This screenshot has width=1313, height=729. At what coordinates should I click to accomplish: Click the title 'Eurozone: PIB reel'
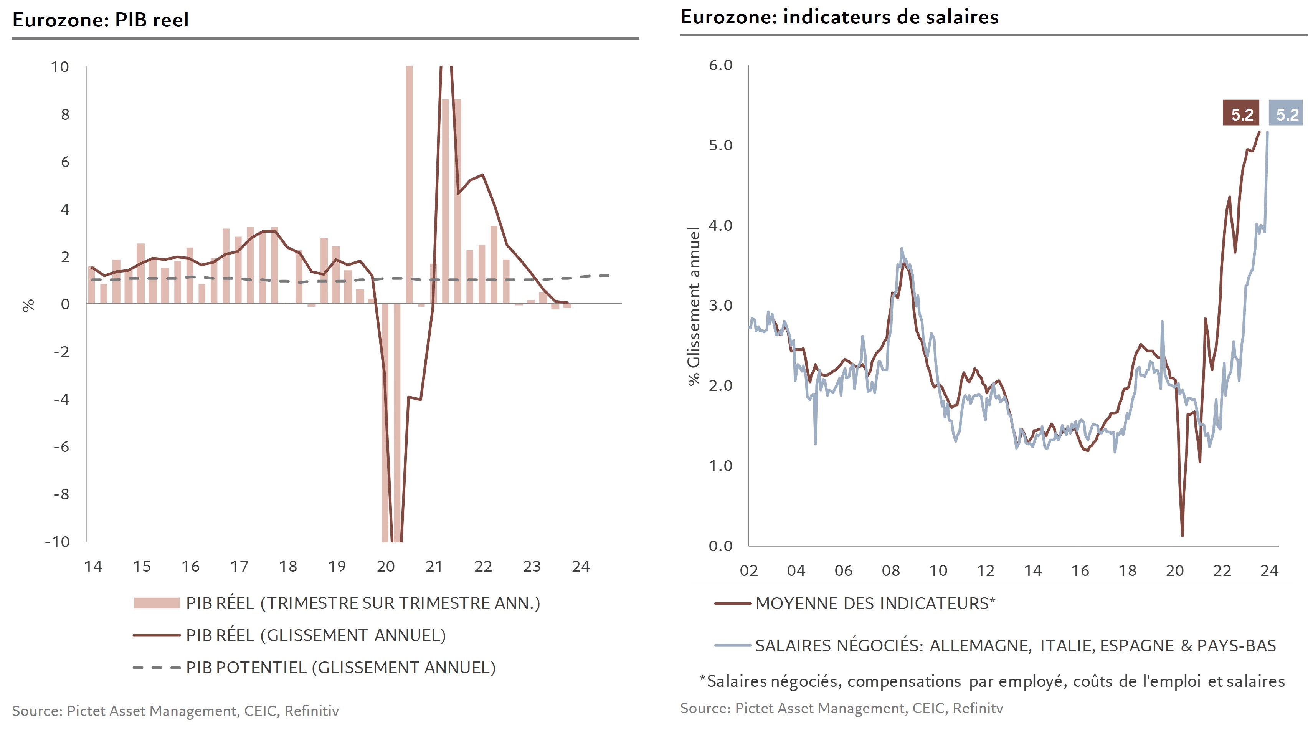(101, 20)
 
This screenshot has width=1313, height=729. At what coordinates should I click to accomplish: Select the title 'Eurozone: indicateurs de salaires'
(839, 17)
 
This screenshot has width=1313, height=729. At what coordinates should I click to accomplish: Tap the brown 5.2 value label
(1241, 114)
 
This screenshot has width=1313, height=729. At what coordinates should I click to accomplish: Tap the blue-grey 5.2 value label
(1287, 114)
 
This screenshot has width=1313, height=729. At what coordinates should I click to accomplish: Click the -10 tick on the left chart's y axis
(58, 541)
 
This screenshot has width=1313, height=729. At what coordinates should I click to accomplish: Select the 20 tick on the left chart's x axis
(385, 566)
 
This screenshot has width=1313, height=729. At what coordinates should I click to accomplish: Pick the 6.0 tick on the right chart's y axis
(720, 65)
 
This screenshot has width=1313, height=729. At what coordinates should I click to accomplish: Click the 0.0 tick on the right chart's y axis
(720, 546)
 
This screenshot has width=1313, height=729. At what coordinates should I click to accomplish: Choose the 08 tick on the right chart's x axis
(890, 570)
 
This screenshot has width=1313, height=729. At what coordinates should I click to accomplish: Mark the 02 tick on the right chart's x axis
(748, 570)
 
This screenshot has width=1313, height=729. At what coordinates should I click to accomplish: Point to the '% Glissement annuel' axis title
(694, 306)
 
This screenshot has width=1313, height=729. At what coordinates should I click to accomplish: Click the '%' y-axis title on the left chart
(28, 305)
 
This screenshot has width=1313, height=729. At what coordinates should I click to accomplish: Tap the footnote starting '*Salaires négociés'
(992, 681)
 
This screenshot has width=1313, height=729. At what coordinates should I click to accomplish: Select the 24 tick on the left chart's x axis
(581, 566)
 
